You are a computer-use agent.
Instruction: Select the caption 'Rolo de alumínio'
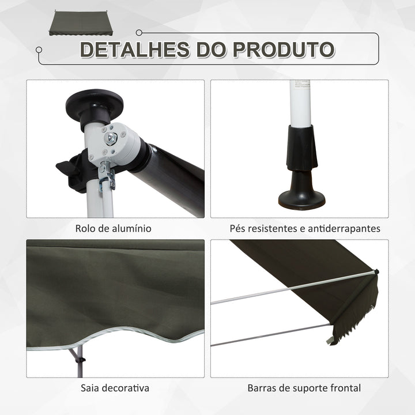coord(114,228)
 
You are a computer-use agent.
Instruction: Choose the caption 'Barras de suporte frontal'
coord(304,388)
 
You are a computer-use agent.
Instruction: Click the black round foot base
coord(301,199)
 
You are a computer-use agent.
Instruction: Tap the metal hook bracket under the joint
coord(107,176)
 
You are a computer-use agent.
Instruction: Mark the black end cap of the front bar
coord(376,271)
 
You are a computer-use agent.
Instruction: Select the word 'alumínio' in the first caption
coord(132,228)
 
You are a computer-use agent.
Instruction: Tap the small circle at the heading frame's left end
coord(39,50)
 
